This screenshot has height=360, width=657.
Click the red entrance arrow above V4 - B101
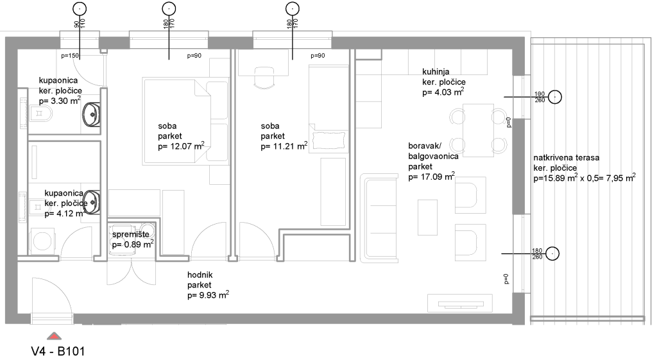click(54, 336)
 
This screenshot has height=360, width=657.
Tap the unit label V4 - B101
click(58, 351)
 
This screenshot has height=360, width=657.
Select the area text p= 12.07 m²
click(181, 146)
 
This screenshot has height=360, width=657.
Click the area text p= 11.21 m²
click(284, 146)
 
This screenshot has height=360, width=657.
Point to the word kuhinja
click(436, 72)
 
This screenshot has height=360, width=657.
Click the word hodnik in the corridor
click(200, 275)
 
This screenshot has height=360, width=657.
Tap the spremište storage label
click(130, 234)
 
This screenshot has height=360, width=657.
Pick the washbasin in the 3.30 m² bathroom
click(91, 114)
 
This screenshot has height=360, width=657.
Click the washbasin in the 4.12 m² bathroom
click(92, 202)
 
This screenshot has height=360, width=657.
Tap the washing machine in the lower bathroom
click(42, 241)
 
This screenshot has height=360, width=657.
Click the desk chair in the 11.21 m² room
click(265, 78)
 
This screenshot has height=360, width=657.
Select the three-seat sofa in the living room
click(379, 218)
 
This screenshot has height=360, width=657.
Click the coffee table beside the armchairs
click(427, 217)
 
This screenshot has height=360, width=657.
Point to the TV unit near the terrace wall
click(459, 303)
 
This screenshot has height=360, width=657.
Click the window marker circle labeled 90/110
click(79, 8)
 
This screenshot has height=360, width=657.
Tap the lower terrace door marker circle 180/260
click(552, 253)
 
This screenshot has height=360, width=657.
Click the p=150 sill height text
click(69, 56)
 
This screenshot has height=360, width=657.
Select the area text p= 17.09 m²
click(432, 176)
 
